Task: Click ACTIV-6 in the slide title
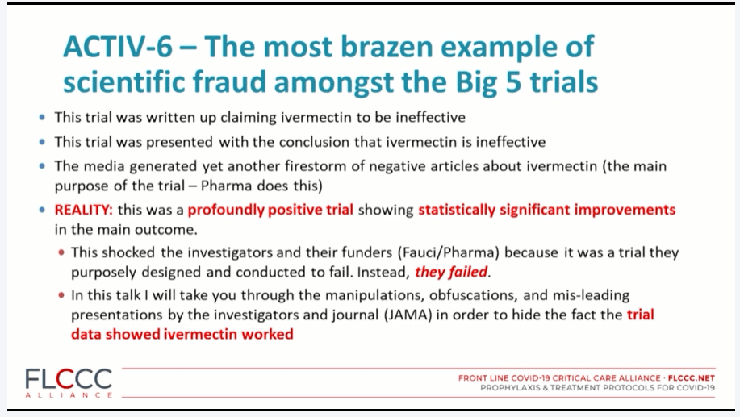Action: (118, 47)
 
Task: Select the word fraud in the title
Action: (229, 81)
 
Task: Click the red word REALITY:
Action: (84, 210)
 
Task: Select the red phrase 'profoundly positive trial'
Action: (270, 210)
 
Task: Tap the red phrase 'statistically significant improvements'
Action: (547, 210)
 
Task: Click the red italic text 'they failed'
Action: (451, 272)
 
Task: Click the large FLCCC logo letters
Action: (69, 379)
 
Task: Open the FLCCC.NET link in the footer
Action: (692, 377)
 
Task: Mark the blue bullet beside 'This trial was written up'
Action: (43, 117)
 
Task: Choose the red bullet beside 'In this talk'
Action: (61, 295)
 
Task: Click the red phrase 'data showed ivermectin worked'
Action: (182, 334)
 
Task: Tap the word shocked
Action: (128, 252)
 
